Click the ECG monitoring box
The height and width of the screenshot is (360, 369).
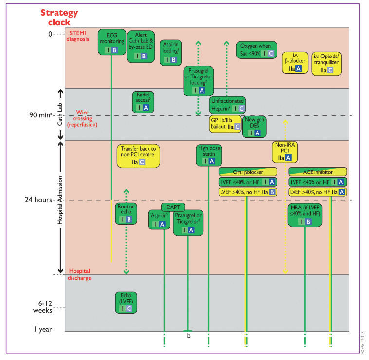coord(112,42)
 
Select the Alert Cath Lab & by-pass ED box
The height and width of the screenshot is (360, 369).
coord(141,47)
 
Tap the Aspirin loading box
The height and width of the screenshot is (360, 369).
coord(170,53)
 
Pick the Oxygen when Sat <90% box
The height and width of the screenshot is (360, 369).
coord(257,50)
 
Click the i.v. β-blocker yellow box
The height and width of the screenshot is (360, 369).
coord(295,62)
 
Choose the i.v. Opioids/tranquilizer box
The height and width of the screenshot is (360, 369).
coord(327,63)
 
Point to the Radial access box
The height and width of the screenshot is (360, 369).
coord(143,102)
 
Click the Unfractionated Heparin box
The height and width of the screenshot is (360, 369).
coord(227,105)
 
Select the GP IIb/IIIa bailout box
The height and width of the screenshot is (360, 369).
coord(225,124)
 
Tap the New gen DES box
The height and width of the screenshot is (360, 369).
coord(255,127)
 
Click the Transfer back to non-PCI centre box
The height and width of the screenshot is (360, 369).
coord(138,156)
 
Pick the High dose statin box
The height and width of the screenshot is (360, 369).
coord(209,155)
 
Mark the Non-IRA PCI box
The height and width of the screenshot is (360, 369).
coord(285,152)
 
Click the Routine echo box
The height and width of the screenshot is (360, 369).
coord(126,213)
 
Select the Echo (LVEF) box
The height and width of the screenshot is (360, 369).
coord(126,303)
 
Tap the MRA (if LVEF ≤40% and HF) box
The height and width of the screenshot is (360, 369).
coord(305,215)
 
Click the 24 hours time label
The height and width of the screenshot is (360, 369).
coord(38,200)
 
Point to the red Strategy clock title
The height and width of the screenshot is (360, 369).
coord(59,18)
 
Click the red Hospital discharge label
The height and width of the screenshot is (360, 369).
coord(79,274)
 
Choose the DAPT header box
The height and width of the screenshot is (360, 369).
coord(173,207)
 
